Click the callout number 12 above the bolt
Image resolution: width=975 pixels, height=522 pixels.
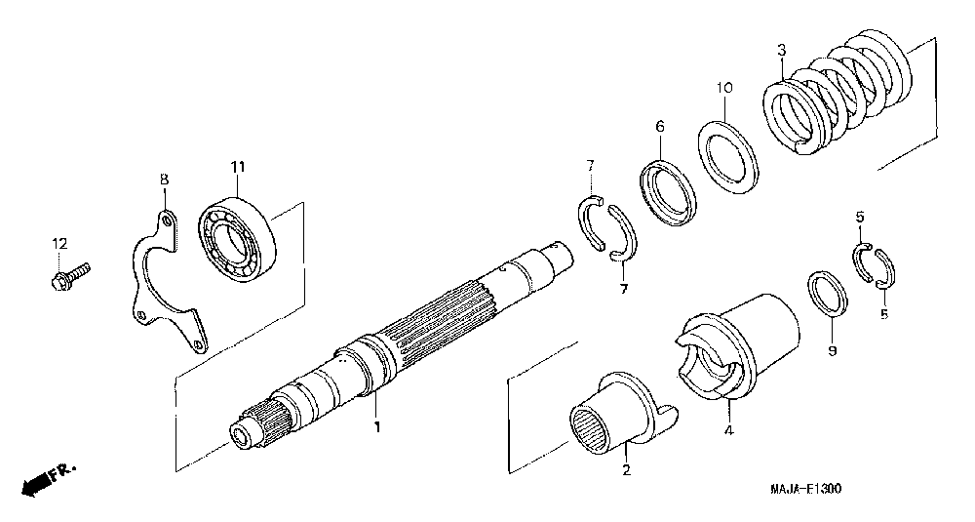59,242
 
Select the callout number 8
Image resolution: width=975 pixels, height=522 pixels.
164,180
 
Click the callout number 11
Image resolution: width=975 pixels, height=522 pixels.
236,167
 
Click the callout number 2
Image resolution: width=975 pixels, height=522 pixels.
626,471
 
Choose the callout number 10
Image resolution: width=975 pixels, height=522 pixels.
722,88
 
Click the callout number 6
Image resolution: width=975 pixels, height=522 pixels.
659,126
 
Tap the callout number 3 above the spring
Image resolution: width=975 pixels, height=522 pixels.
781,51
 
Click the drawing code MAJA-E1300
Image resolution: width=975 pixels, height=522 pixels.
800,489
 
